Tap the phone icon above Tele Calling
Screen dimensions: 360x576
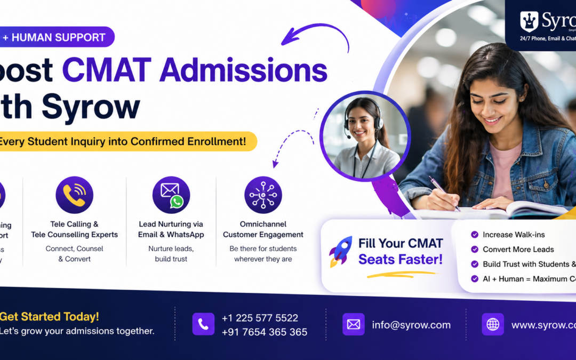pyautogui.click(x=74, y=195)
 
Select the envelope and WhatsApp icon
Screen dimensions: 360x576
pyautogui.click(x=171, y=195)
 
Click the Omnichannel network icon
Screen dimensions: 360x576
pyautogui.click(x=263, y=195)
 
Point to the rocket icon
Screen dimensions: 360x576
pyautogui.click(x=340, y=252)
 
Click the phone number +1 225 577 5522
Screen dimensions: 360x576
pyautogui.click(x=260, y=318)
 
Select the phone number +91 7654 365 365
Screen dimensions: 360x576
pyautogui.click(x=265, y=332)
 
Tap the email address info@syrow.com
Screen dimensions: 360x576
pyautogui.click(x=411, y=325)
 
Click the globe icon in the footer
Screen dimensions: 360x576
pyautogui.click(x=493, y=324)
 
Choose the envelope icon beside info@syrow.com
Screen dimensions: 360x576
pyautogui.click(x=354, y=324)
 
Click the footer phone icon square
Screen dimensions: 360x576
pyautogui.click(x=203, y=324)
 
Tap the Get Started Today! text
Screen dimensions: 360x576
pyautogui.click(x=50, y=316)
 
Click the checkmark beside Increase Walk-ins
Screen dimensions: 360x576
pyautogui.click(x=475, y=235)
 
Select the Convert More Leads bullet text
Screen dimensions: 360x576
pyautogui.click(x=518, y=249)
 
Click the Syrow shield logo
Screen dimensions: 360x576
pyautogui.click(x=529, y=21)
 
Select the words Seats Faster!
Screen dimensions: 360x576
pyautogui.click(x=401, y=259)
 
